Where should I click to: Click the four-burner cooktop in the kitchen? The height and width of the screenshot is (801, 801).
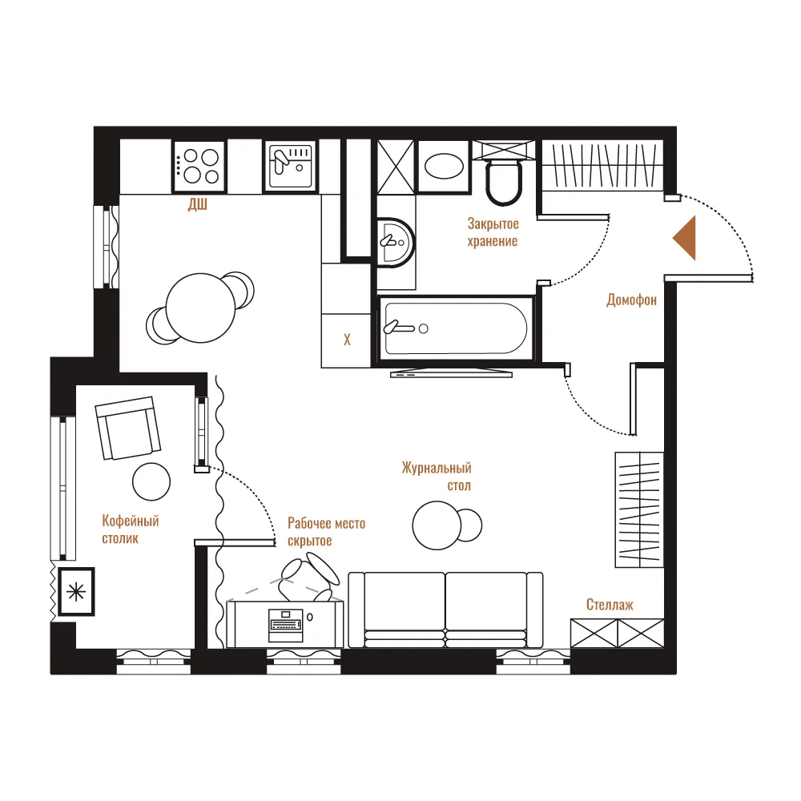pos(199,167)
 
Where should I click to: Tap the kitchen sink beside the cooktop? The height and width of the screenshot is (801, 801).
pos(290,167)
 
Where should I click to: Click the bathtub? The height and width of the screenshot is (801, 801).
pos(456,328)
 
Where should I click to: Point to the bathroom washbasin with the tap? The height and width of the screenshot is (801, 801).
pos(396,243)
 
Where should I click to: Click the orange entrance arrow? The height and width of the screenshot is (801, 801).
pos(685,238)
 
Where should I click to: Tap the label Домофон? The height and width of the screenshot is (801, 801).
pos(631,300)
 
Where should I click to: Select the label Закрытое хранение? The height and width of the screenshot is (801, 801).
pos(493,232)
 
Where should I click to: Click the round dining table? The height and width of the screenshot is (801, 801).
pos(201,308)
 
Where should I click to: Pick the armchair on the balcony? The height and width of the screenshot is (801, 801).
pos(127,428)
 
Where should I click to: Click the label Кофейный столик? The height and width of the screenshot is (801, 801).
pos(131,529)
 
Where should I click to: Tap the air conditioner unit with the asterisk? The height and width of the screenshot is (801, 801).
pos(76,592)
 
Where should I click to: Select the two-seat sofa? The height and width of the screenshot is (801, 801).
pos(445,610)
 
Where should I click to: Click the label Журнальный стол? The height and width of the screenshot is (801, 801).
pos(437,476)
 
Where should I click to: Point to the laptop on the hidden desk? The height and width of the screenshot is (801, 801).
pos(286,625)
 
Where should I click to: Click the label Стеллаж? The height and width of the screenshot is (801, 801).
pos(610,605)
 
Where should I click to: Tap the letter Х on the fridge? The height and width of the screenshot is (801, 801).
pos(347,340)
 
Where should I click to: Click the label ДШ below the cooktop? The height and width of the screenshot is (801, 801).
pos(198,205)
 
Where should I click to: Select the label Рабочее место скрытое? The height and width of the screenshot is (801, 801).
pos(327,532)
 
